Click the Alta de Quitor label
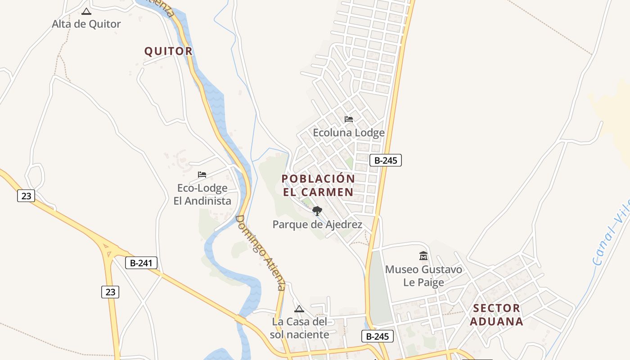tap(86, 24)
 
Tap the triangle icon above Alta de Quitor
tap(86, 11)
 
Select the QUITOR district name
tap(168, 51)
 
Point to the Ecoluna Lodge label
tap(349, 133)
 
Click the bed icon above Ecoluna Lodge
tap(349, 120)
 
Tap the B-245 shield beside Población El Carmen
tap(386, 160)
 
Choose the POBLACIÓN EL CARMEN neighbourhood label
tap(318, 185)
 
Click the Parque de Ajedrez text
tap(317, 224)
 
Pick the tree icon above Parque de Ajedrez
tap(317, 211)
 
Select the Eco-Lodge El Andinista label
tap(202, 194)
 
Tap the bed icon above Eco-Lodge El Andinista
tap(202, 175)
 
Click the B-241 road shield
tap(141, 263)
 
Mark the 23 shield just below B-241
tap(110, 292)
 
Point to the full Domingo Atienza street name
tap(260, 252)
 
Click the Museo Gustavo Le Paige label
tap(423, 276)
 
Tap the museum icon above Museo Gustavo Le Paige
tap(423, 256)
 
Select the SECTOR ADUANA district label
tap(496, 315)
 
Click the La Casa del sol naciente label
tap(299, 328)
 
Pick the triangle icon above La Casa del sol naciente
tap(299, 309)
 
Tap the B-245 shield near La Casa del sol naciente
tap(378, 336)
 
